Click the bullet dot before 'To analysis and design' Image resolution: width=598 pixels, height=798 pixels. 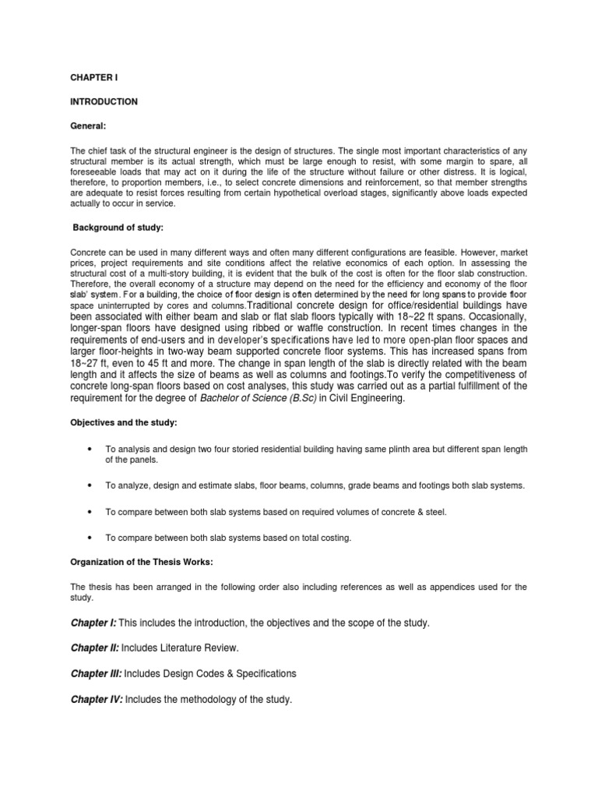93,450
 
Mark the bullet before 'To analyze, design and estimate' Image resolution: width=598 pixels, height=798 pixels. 93,486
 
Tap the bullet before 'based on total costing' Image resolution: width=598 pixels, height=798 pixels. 93,538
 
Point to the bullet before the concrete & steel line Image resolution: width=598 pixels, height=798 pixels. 93,512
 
